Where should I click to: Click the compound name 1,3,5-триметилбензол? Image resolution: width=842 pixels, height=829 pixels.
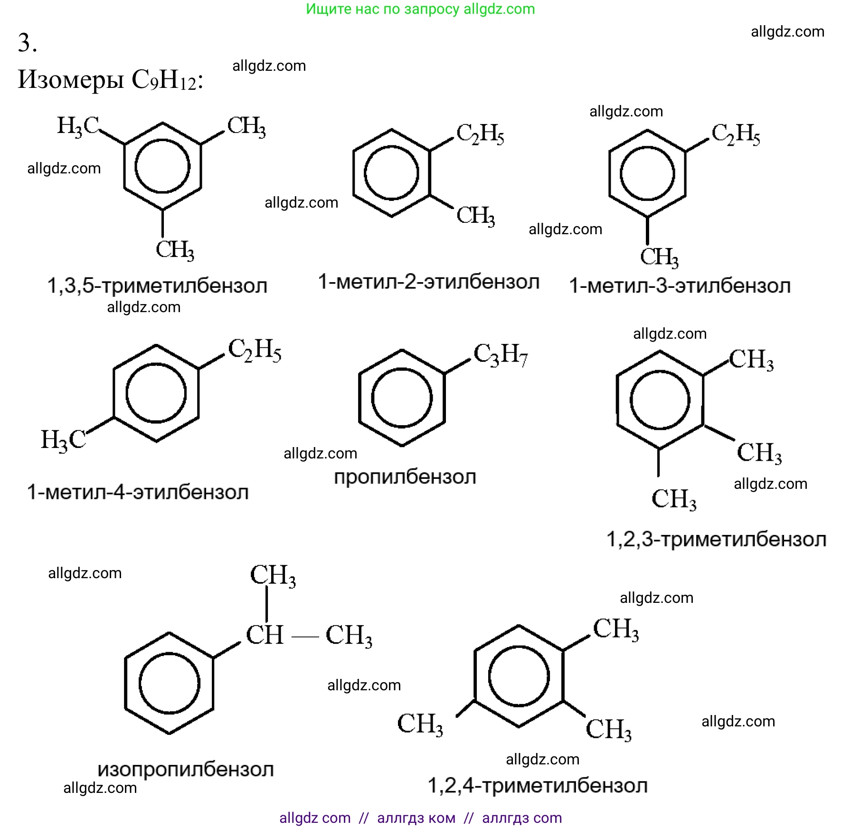click(157, 286)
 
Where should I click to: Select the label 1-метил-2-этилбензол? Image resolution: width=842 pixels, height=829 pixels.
click(428, 282)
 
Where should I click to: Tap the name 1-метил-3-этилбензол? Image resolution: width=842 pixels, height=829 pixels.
click(680, 286)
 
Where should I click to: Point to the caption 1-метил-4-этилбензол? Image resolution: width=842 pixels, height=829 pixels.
click(138, 492)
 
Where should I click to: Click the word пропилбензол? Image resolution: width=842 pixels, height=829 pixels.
click(405, 477)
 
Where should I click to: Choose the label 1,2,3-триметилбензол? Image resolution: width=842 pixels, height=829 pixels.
click(716, 540)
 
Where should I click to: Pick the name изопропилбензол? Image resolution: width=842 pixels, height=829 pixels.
click(186, 769)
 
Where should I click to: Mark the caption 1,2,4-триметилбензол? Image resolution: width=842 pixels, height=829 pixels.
click(538, 785)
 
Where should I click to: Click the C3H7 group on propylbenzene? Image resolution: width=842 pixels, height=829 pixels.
click(501, 355)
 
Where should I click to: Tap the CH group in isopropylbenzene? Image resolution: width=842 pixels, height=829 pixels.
click(264, 635)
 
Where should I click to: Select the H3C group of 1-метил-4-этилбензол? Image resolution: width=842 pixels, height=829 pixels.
click(63, 439)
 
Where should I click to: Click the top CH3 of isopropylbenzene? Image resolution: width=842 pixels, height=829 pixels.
click(273, 575)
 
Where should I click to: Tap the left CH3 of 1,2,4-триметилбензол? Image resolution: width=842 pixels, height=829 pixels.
click(420, 724)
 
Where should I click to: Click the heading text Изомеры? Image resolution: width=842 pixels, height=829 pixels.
click(71, 79)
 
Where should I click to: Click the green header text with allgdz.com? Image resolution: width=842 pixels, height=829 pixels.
click(420, 9)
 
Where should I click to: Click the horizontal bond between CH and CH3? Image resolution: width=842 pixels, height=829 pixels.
click(304, 636)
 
